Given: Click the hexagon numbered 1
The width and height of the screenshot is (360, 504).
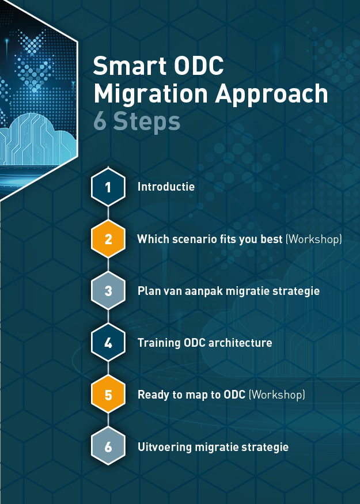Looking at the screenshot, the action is pos(108,187).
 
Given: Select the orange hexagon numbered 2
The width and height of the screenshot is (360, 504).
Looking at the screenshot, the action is pos(108,239).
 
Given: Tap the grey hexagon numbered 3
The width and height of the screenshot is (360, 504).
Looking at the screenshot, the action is pos(108,291).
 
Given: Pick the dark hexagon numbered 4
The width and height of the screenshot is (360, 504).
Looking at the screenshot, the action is pos(108,343).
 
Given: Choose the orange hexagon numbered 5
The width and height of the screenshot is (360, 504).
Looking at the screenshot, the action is pos(108,395).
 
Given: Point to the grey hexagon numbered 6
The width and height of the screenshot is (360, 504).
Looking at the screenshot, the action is pos(108,446).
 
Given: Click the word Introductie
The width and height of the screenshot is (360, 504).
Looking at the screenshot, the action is pos(166,187).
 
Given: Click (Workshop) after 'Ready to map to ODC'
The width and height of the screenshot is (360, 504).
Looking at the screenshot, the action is pos(277,395).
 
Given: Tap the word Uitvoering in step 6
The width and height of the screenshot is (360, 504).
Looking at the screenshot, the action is pos(165,447).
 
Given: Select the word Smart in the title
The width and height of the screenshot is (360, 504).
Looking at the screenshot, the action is pos(130,66).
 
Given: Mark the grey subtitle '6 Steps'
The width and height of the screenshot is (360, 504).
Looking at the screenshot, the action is pos(137,122).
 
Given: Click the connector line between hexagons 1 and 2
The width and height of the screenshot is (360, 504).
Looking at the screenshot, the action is pos(108,213).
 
